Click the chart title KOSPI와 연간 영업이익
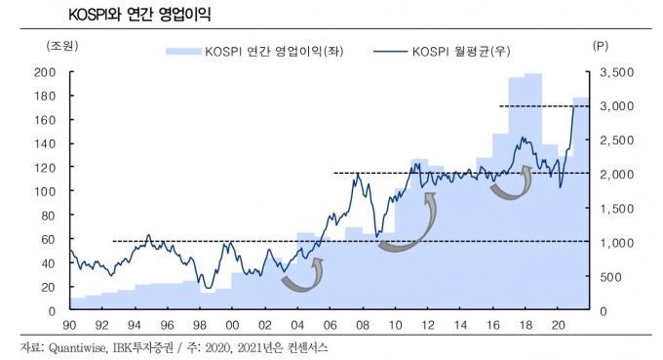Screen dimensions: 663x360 pyautogui.click(x=139, y=15)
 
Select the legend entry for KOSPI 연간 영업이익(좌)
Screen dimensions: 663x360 pyautogui.click(x=254, y=52)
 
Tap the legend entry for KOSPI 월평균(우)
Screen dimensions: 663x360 pyautogui.click(x=442, y=52)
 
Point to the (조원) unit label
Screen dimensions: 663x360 pyautogui.click(x=62, y=46)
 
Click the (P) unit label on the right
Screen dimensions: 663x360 pyautogui.click(x=601, y=46)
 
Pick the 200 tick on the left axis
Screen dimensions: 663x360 pyautogui.click(x=45, y=72)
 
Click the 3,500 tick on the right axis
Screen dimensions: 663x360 pyautogui.click(x=617, y=72)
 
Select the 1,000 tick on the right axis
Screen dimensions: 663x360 pyautogui.click(x=617, y=242)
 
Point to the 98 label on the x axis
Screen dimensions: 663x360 pyautogui.click(x=200, y=325)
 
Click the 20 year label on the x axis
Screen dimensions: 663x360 pyautogui.click(x=558, y=325)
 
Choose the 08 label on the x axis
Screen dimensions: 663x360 pyautogui.click(x=363, y=325)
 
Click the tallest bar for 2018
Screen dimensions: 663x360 pyautogui.click(x=533, y=190)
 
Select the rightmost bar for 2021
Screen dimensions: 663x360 pyautogui.click(x=581, y=203)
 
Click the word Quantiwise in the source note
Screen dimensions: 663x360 pyautogui.click(x=77, y=347)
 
